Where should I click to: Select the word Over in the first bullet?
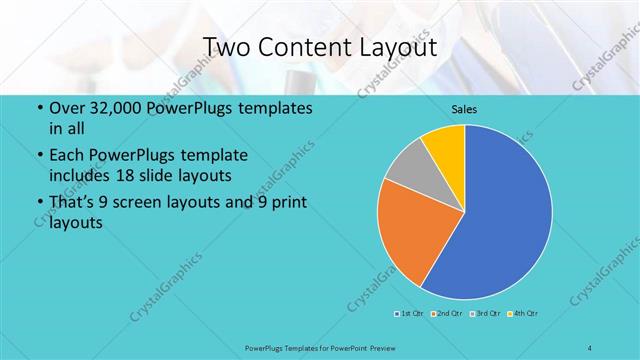point(66,108)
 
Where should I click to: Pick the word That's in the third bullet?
point(74,203)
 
